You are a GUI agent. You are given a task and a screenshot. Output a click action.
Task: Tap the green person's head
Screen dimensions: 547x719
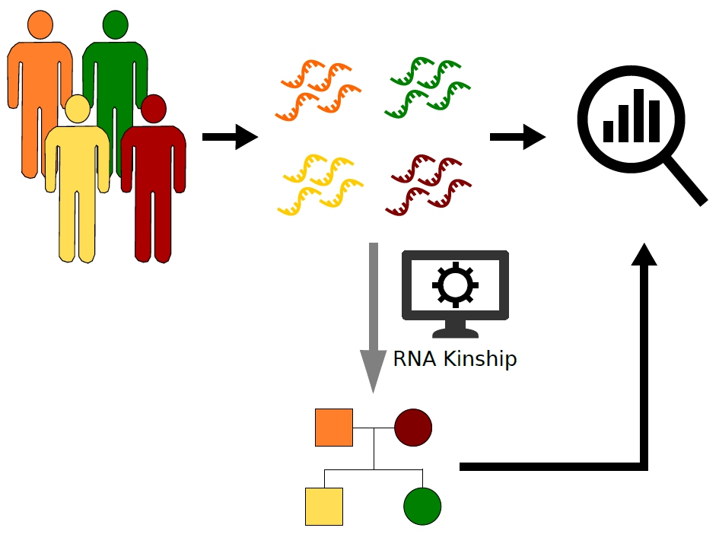115,24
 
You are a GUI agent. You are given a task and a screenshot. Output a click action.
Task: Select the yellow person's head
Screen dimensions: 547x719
77,108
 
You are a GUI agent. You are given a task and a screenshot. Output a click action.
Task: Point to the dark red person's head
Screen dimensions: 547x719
154,108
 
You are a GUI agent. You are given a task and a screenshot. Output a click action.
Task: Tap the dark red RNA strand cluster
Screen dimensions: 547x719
428,185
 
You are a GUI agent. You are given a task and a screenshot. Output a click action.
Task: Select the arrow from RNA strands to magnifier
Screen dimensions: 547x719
517,138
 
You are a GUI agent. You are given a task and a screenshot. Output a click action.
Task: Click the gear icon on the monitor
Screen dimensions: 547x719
455,285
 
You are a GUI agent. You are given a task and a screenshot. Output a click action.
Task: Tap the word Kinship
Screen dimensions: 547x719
479,358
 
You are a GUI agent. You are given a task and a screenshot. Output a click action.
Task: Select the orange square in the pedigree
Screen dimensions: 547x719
334,427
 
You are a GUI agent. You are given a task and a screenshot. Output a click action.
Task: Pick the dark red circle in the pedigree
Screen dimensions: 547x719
413,427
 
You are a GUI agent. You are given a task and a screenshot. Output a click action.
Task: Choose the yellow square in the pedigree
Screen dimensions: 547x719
324,506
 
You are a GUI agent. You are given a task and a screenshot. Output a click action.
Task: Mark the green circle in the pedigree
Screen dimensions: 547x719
422,506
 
